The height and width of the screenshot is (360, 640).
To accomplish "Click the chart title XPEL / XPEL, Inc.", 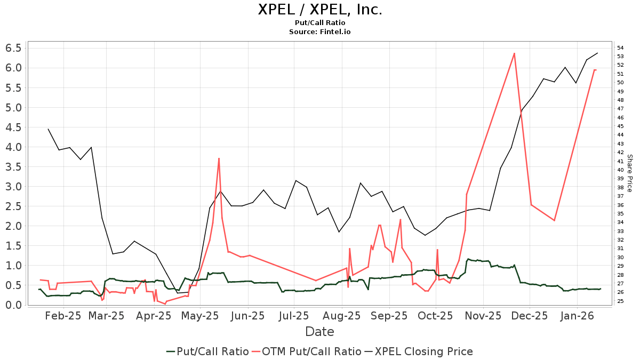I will pos(320,10).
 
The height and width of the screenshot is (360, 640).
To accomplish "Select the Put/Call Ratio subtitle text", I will pos(320,23).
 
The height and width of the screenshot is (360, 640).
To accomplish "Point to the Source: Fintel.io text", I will pos(320,31).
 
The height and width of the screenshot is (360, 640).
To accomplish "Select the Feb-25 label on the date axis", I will pos(63,316).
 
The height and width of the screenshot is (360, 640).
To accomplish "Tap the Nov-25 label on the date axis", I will pos(483,316).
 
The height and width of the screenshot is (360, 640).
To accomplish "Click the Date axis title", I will pos(319,332).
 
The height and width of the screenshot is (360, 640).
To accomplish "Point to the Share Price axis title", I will pos(629,173).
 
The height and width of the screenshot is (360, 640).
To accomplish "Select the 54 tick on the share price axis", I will pos(620,48).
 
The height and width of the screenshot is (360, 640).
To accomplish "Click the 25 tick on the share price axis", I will pos(620,301).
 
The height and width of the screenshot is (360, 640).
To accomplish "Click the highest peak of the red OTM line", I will pos(514,53).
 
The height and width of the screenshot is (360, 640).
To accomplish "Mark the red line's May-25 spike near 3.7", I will pos(219,158).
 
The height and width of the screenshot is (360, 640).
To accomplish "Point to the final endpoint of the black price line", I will pos(597,53).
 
